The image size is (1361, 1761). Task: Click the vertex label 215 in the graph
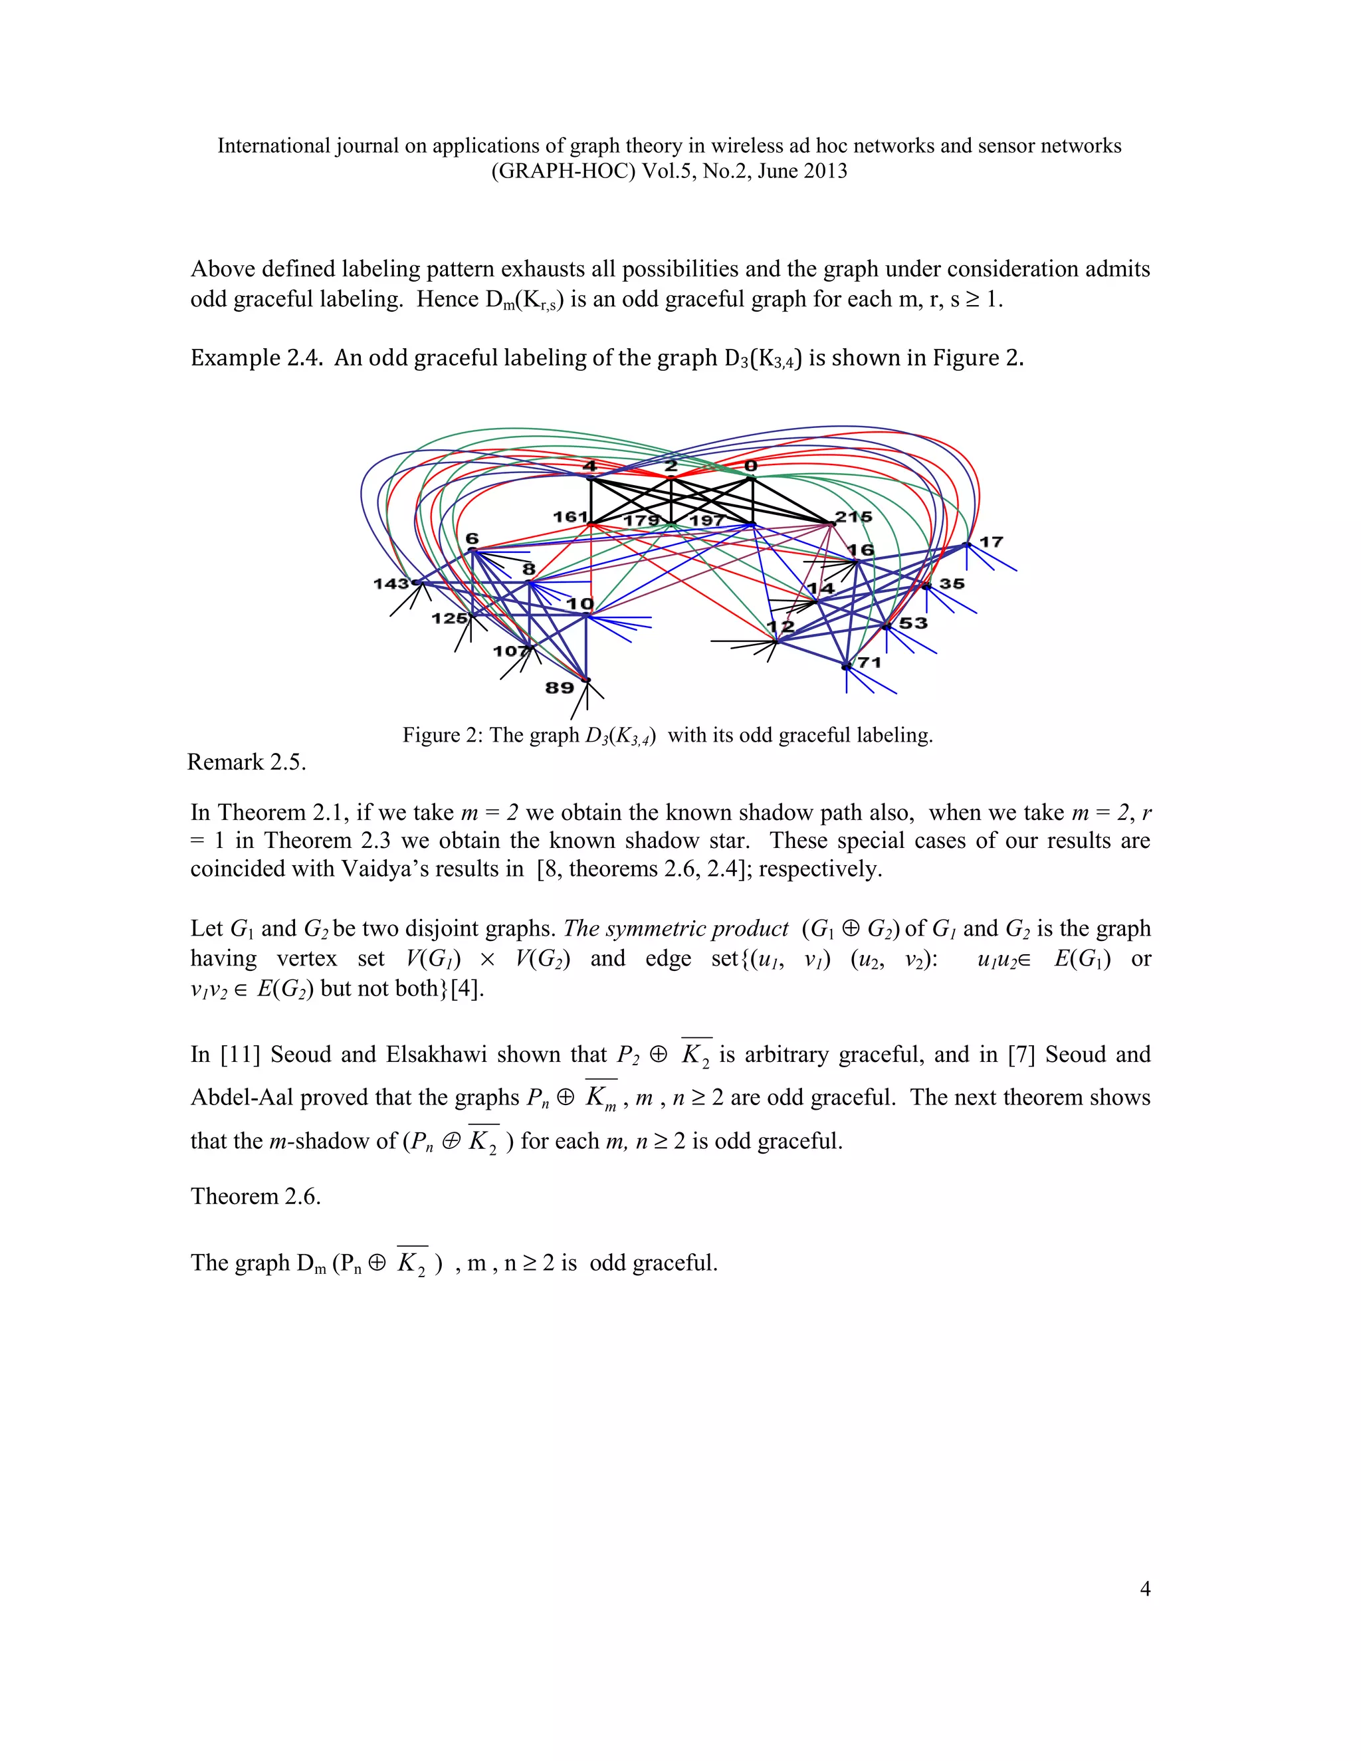click(853, 517)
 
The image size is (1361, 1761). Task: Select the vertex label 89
click(560, 688)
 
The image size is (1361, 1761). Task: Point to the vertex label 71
click(869, 663)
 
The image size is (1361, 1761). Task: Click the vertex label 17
click(991, 542)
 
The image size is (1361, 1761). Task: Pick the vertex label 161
click(570, 517)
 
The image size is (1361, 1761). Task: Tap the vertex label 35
click(952, 583)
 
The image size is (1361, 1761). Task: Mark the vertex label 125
click(449, 619)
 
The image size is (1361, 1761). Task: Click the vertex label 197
click(707, 520)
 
